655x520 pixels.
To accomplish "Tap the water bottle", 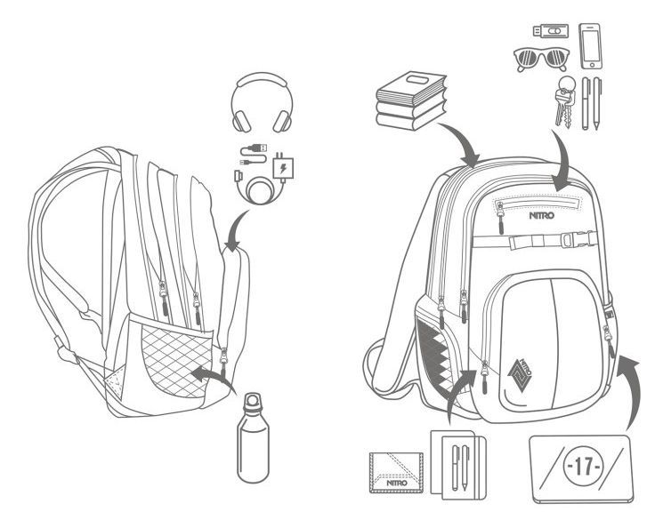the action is coord(253,438).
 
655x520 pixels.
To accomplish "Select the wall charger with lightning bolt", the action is coord(283,168).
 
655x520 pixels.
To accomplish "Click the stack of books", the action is coord(411,101).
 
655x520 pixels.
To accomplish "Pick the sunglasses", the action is coord(541,60).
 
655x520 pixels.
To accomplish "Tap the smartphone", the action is coord(591,46).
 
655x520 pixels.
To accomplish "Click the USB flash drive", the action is coord(551,32).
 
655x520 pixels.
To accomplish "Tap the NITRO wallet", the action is coord(396,473).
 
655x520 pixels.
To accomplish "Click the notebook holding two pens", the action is coord(458,465).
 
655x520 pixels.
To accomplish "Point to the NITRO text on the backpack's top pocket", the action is coord(542,216).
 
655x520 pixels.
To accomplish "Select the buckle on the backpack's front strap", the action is coord(579,239).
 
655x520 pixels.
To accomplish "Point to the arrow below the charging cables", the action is coord(235,228).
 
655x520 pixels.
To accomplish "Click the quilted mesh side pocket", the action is coord(175,360).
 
